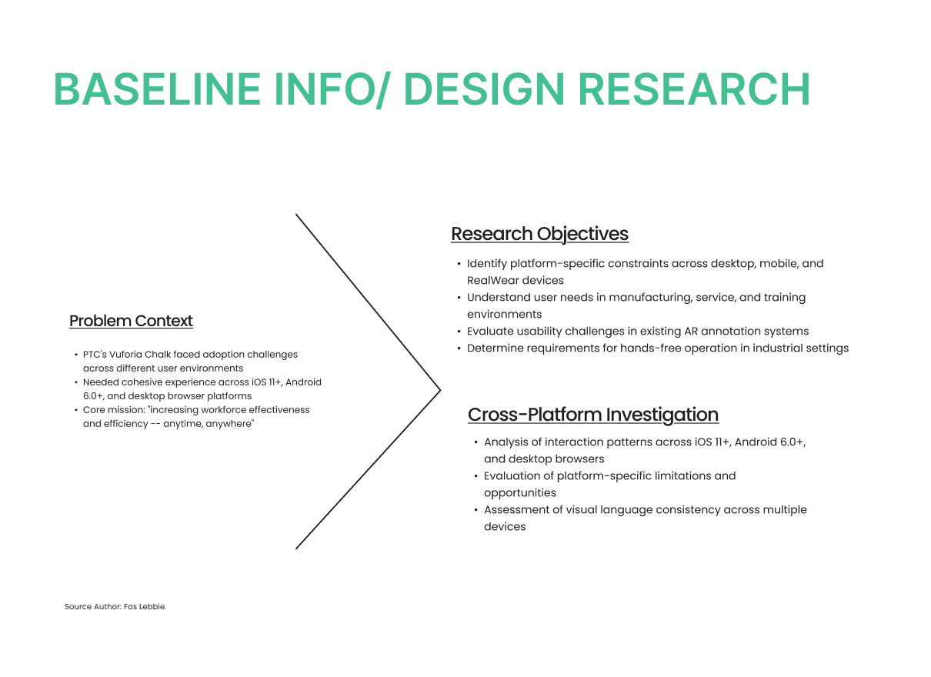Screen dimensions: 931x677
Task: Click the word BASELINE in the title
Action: (x=157, y=89)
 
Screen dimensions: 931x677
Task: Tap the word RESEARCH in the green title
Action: (x=693, y=89)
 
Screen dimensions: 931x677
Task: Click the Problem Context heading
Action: (x=131, y=322)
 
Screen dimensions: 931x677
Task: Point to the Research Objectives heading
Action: (x=539, y=235)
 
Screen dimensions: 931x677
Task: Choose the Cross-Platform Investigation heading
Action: (x=593, y=415)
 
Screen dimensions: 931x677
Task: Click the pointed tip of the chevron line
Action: (x=440, y=390)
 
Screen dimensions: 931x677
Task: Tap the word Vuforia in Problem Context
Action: (x=125, y=355)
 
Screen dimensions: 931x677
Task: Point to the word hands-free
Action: (x=651, y=349)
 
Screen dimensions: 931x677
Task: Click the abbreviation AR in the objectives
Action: (x=691, y=332)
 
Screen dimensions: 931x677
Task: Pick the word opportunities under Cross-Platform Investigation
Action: (x=520, y=493)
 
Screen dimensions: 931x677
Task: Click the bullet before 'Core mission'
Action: (x=76, y=410)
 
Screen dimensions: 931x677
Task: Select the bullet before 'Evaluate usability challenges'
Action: (x=459, y=332)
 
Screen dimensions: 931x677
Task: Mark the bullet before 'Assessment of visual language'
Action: (x=476, y=510)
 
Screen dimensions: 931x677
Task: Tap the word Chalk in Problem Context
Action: (x=156, y=355)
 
